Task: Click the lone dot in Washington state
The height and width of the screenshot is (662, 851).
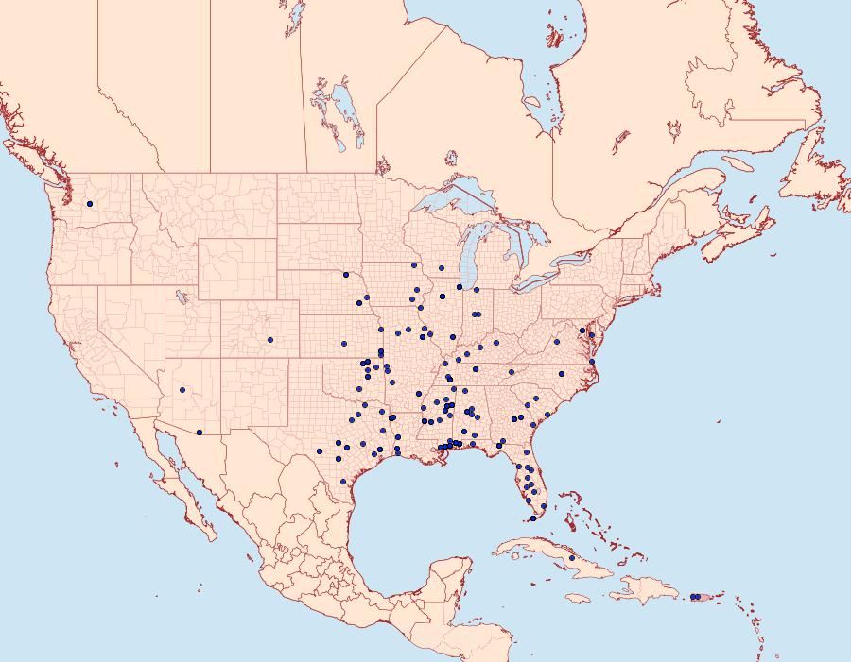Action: tap(91, 204)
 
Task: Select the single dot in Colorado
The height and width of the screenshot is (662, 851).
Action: tap(270, 340)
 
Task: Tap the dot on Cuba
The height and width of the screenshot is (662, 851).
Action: tap(572, 558)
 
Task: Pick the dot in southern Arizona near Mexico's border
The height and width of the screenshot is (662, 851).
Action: tap(200, 433)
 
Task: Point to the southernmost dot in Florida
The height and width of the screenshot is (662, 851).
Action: tap(533, 518)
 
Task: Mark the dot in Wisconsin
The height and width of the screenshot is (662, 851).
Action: tap(441, 268)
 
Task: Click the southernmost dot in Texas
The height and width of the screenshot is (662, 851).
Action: tap(343, 482)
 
